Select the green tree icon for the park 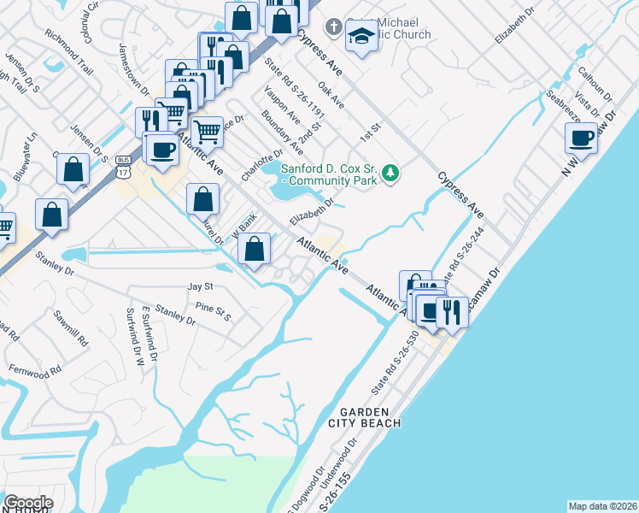tap(391, 173)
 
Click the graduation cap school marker tap(361, 37)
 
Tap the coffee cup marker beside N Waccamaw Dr tap(581, 137)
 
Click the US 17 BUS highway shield tap(123, 168)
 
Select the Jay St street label tap(200, 287)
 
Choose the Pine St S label tap(214, 306)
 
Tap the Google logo tap(28, 503)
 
